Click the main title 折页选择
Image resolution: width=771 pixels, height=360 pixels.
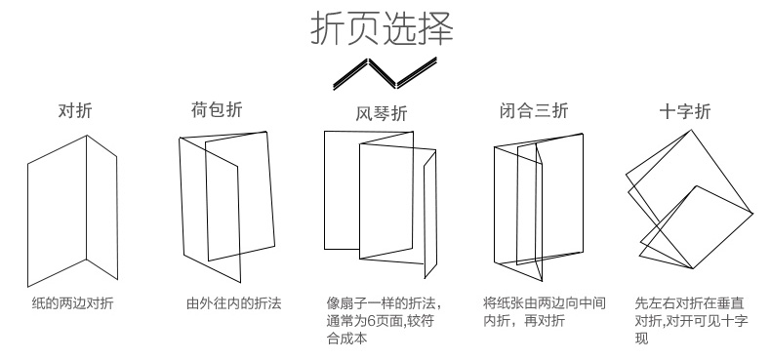pyautogui.click(x=382, y=29)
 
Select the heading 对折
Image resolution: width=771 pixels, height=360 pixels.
pyautogui.click(x=75, y=110)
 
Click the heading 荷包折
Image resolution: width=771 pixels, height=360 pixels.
pyautogui.click(x=217, y=109)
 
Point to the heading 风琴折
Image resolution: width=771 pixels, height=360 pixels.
pyautogui.click(x=382, y=113)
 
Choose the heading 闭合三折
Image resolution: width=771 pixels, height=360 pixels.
pyautogui.click(x=534, y=110)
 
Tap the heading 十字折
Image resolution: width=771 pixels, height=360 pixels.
pyautogui.click(x=685, y=111)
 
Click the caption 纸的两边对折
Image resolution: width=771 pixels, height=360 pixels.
pyautogui.click(x=73, y=303)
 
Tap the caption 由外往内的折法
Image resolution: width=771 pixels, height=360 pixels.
pyautogui.click(x=234, y=303)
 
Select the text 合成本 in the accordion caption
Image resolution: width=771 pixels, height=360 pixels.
pyautogui.click(x=346, y=339)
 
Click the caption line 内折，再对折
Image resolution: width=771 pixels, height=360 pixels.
pyautogui.click(x=524, y=321)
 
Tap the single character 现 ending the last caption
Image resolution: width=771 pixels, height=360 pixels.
pyautogui.click(x=641, y=339)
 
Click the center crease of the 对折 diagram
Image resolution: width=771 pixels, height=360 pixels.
pyautogui.click(x=87, y=197)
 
